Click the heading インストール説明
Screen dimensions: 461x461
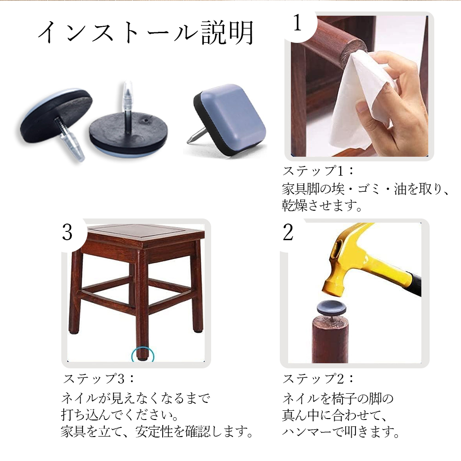(x=146, y=33)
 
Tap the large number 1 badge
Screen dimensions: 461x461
(x=297, y=23)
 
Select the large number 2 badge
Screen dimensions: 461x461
(x=288, y=232)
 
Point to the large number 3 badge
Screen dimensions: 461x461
(x=67, y=232)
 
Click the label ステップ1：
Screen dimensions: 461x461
(x=318, y=171)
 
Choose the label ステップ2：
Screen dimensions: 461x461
(x=318, y=378)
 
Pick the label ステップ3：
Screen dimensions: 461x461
(x=99, y=378)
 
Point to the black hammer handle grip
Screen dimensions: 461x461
(x=414, y=283)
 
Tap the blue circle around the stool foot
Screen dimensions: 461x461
(x=142, y=352)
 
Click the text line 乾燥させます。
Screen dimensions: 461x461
(x=322, y=205)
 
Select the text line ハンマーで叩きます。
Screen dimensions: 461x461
(x=341, y=431)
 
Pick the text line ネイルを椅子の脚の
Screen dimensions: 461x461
(x=338, y=398)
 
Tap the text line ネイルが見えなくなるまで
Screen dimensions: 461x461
(x=136, y=398)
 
